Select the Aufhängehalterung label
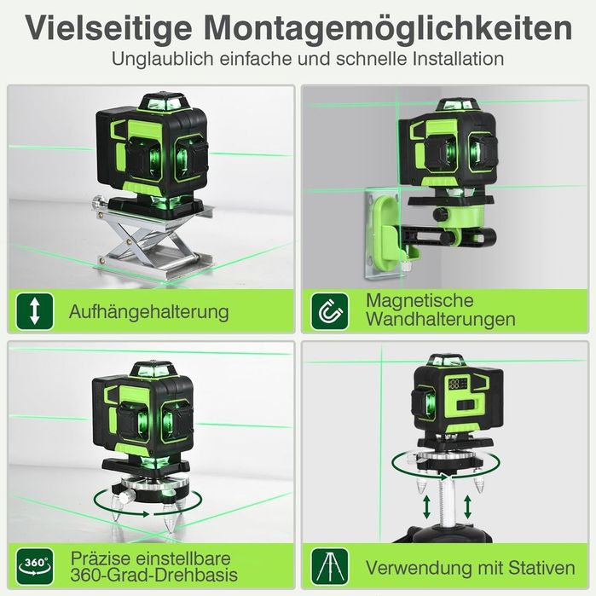148,311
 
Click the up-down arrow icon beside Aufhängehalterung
34,311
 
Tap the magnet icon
327,311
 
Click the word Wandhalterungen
440,321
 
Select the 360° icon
34,565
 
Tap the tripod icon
327,565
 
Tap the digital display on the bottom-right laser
460,383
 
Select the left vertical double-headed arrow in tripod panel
425,508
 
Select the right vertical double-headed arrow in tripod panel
468,508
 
